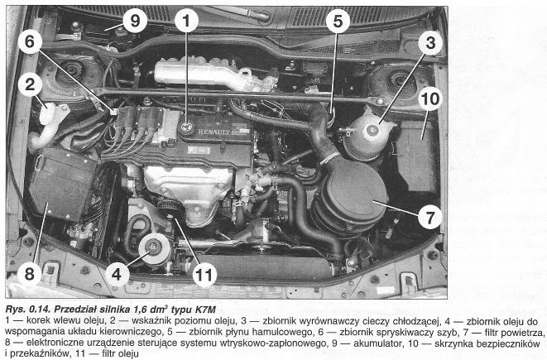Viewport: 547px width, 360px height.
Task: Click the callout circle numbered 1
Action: coord(187,21)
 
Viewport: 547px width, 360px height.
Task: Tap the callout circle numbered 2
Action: coord(30,84)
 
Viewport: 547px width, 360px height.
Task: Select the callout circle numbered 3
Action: coord(430,43)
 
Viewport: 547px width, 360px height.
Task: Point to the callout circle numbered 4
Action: coord(117,274)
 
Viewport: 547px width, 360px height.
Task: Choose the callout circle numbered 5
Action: coord(338,21)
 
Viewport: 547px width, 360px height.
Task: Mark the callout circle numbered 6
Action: coord(30,42)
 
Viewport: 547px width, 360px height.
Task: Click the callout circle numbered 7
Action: coord(429,217)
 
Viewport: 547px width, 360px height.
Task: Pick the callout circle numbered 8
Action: coord(29,274)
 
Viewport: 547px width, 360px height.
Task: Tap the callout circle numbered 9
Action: coord(135,21)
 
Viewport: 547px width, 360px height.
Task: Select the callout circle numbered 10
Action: coord(430,98)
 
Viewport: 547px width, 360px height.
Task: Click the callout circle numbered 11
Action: coord(204,275)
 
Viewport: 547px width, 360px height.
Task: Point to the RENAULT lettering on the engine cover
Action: coord(214,132)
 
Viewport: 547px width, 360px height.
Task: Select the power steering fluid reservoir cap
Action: coord(153,246)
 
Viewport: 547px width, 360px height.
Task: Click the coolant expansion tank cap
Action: coord(372,131)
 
